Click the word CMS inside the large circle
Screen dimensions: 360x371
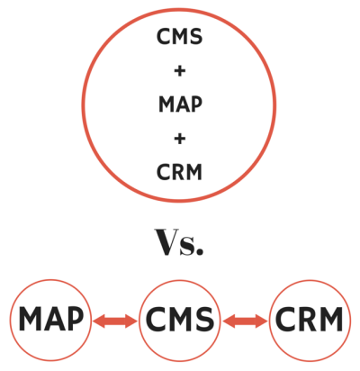click(179, 36)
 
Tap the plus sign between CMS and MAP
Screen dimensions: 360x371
click(179, 71)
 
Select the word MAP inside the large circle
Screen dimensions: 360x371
click(180, 104)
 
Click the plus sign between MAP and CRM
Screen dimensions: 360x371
click(179, 139)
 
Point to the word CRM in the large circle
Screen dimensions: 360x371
click(179, 172)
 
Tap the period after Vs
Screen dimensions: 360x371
click(200, 251)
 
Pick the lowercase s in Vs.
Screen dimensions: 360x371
click(186, 247)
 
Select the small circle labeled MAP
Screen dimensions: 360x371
click(50, 280)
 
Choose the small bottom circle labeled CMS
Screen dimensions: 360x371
click(179, 281)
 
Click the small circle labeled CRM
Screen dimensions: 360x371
click(310, 280)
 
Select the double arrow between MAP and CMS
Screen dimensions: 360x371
click(115, 321)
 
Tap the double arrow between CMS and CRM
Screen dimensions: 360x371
click(245, 321)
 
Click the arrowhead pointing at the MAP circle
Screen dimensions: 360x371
click(98, 321)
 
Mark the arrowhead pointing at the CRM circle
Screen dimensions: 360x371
click(261, 321)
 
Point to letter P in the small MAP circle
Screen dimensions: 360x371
click(75, 319)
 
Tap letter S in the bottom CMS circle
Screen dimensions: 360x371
click(205, 319)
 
